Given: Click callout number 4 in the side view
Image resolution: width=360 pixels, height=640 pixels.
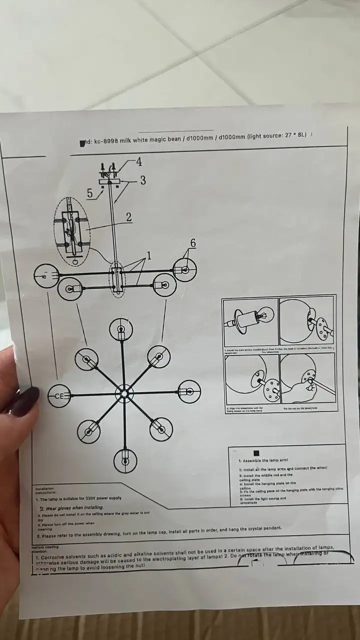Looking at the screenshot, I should coord(138,161).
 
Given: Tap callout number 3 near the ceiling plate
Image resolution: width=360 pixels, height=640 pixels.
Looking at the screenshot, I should coord(143,180).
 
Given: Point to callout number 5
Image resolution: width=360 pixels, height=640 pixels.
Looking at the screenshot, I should coord(89,193).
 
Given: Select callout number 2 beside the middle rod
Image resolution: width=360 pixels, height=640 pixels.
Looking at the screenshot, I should coord(128,217).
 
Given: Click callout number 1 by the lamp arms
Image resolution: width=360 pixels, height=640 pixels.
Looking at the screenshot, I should coord(148,255).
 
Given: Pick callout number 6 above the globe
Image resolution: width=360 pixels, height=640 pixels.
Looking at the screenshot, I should coord(193,243).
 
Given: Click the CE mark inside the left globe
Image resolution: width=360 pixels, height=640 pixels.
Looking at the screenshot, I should coord(59,396).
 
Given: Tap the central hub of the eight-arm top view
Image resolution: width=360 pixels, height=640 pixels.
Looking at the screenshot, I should coord(123,393).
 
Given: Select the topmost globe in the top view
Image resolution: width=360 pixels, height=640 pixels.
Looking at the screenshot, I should coord(121,329).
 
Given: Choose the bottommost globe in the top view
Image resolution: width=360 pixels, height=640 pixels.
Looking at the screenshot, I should coord(125,461).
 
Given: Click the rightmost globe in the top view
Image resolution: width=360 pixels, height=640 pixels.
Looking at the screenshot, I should coord(189,391).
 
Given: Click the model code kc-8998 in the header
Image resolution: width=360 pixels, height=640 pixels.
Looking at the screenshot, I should coord(104,141).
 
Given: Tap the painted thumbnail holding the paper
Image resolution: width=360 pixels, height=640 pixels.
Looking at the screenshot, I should coord(25,401).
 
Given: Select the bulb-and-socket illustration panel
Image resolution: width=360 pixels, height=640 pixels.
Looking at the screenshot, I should coord(250,322).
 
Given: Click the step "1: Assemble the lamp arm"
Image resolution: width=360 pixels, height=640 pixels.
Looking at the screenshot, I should coord(263,460).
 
